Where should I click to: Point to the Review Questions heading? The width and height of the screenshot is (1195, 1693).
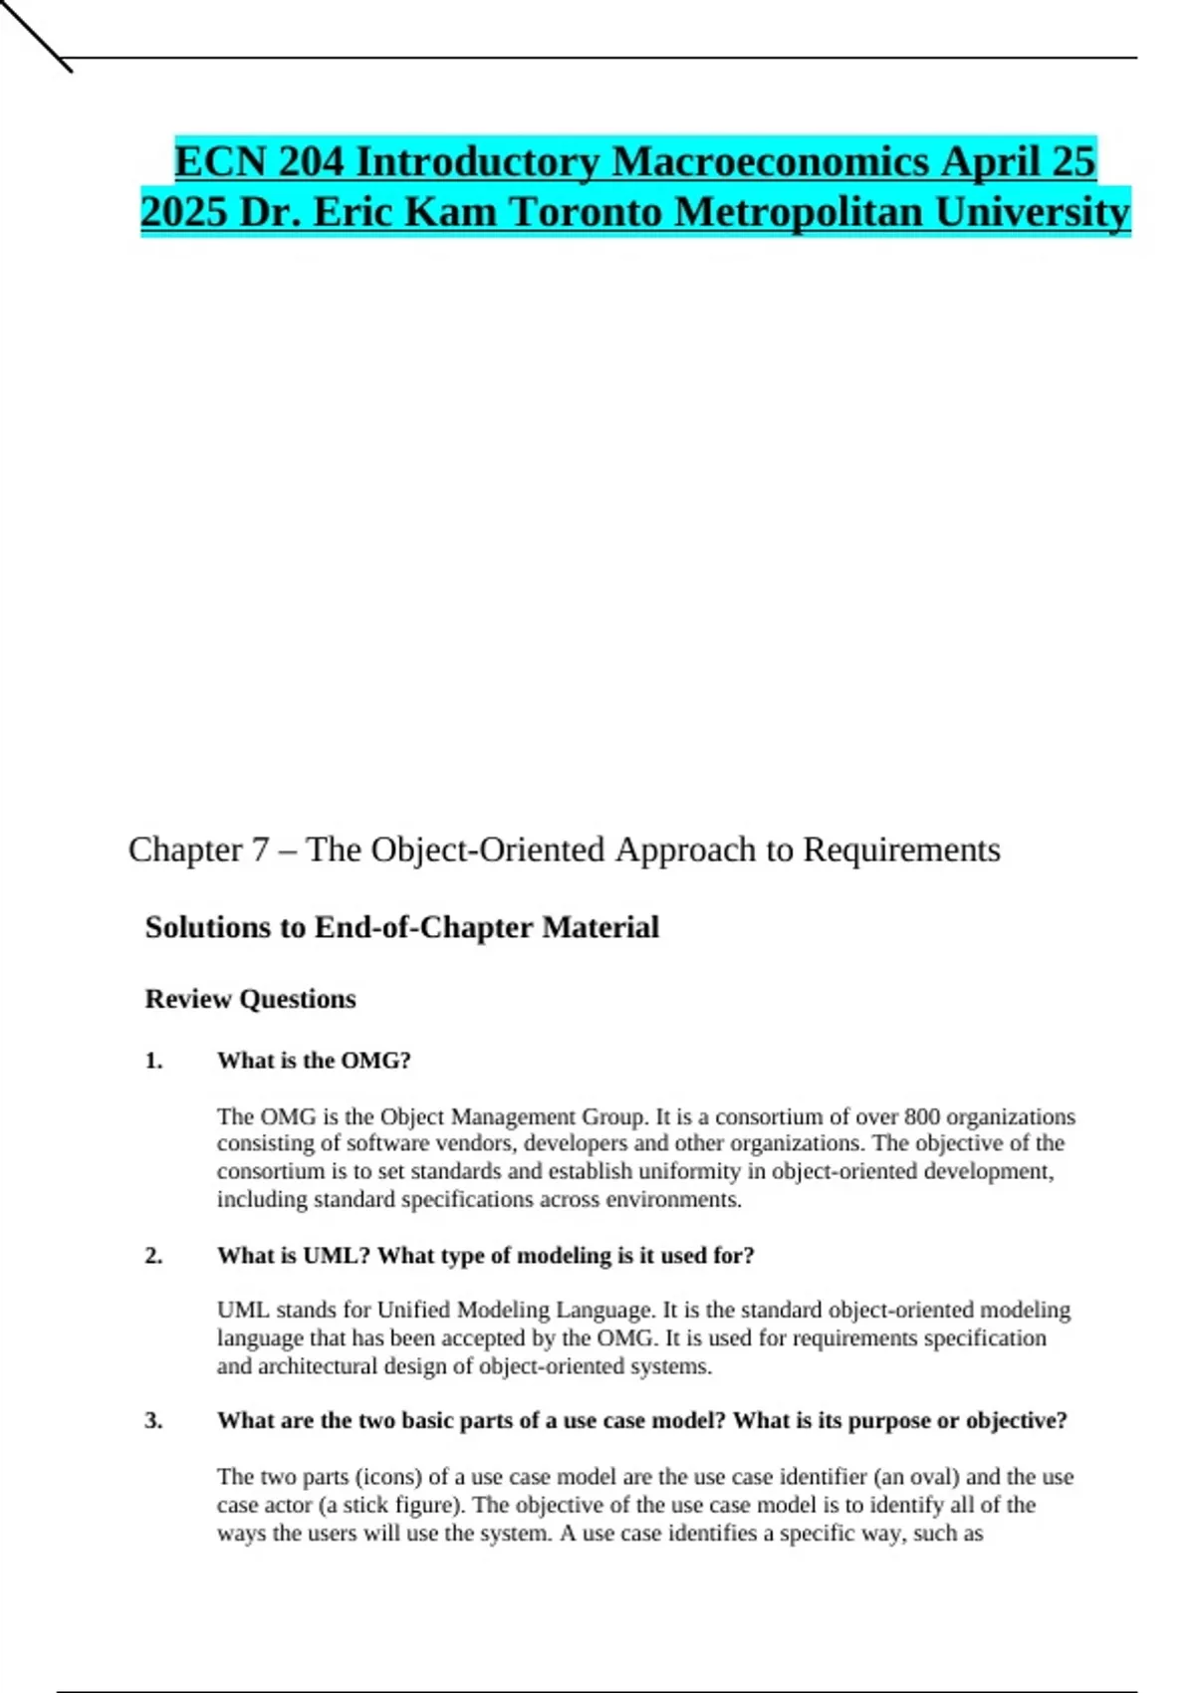coord(250,999)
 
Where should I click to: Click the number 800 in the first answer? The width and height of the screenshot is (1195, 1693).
coord(921,1116)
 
